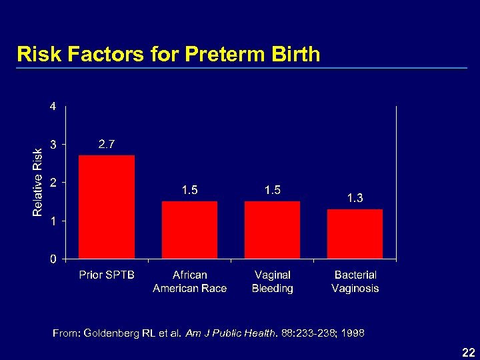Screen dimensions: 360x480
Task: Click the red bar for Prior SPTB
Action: click(107, 207)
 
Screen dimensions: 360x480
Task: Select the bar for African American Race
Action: click(189, 230)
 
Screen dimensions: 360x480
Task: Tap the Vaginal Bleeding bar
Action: click(272, 230)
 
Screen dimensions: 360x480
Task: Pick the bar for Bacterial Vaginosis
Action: click(355, 234)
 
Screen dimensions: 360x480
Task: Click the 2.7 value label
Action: click(107, 144)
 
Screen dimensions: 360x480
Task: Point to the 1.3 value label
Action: click(355, 198)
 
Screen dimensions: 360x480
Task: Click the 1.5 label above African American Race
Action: click(189, 191)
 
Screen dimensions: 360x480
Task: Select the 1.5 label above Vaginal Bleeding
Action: click(272, 191)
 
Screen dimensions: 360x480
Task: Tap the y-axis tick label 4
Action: click(53, 106)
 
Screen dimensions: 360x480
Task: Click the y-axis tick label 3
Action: click(53, 144)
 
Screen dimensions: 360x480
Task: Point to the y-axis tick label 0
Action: click(53, 259)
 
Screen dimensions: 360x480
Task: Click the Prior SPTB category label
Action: click(107, 275)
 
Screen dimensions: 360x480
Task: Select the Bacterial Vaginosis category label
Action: click(355, 281)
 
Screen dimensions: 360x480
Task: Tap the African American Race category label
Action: click(189, 281)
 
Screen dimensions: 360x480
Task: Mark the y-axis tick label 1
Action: click(53, 221)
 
